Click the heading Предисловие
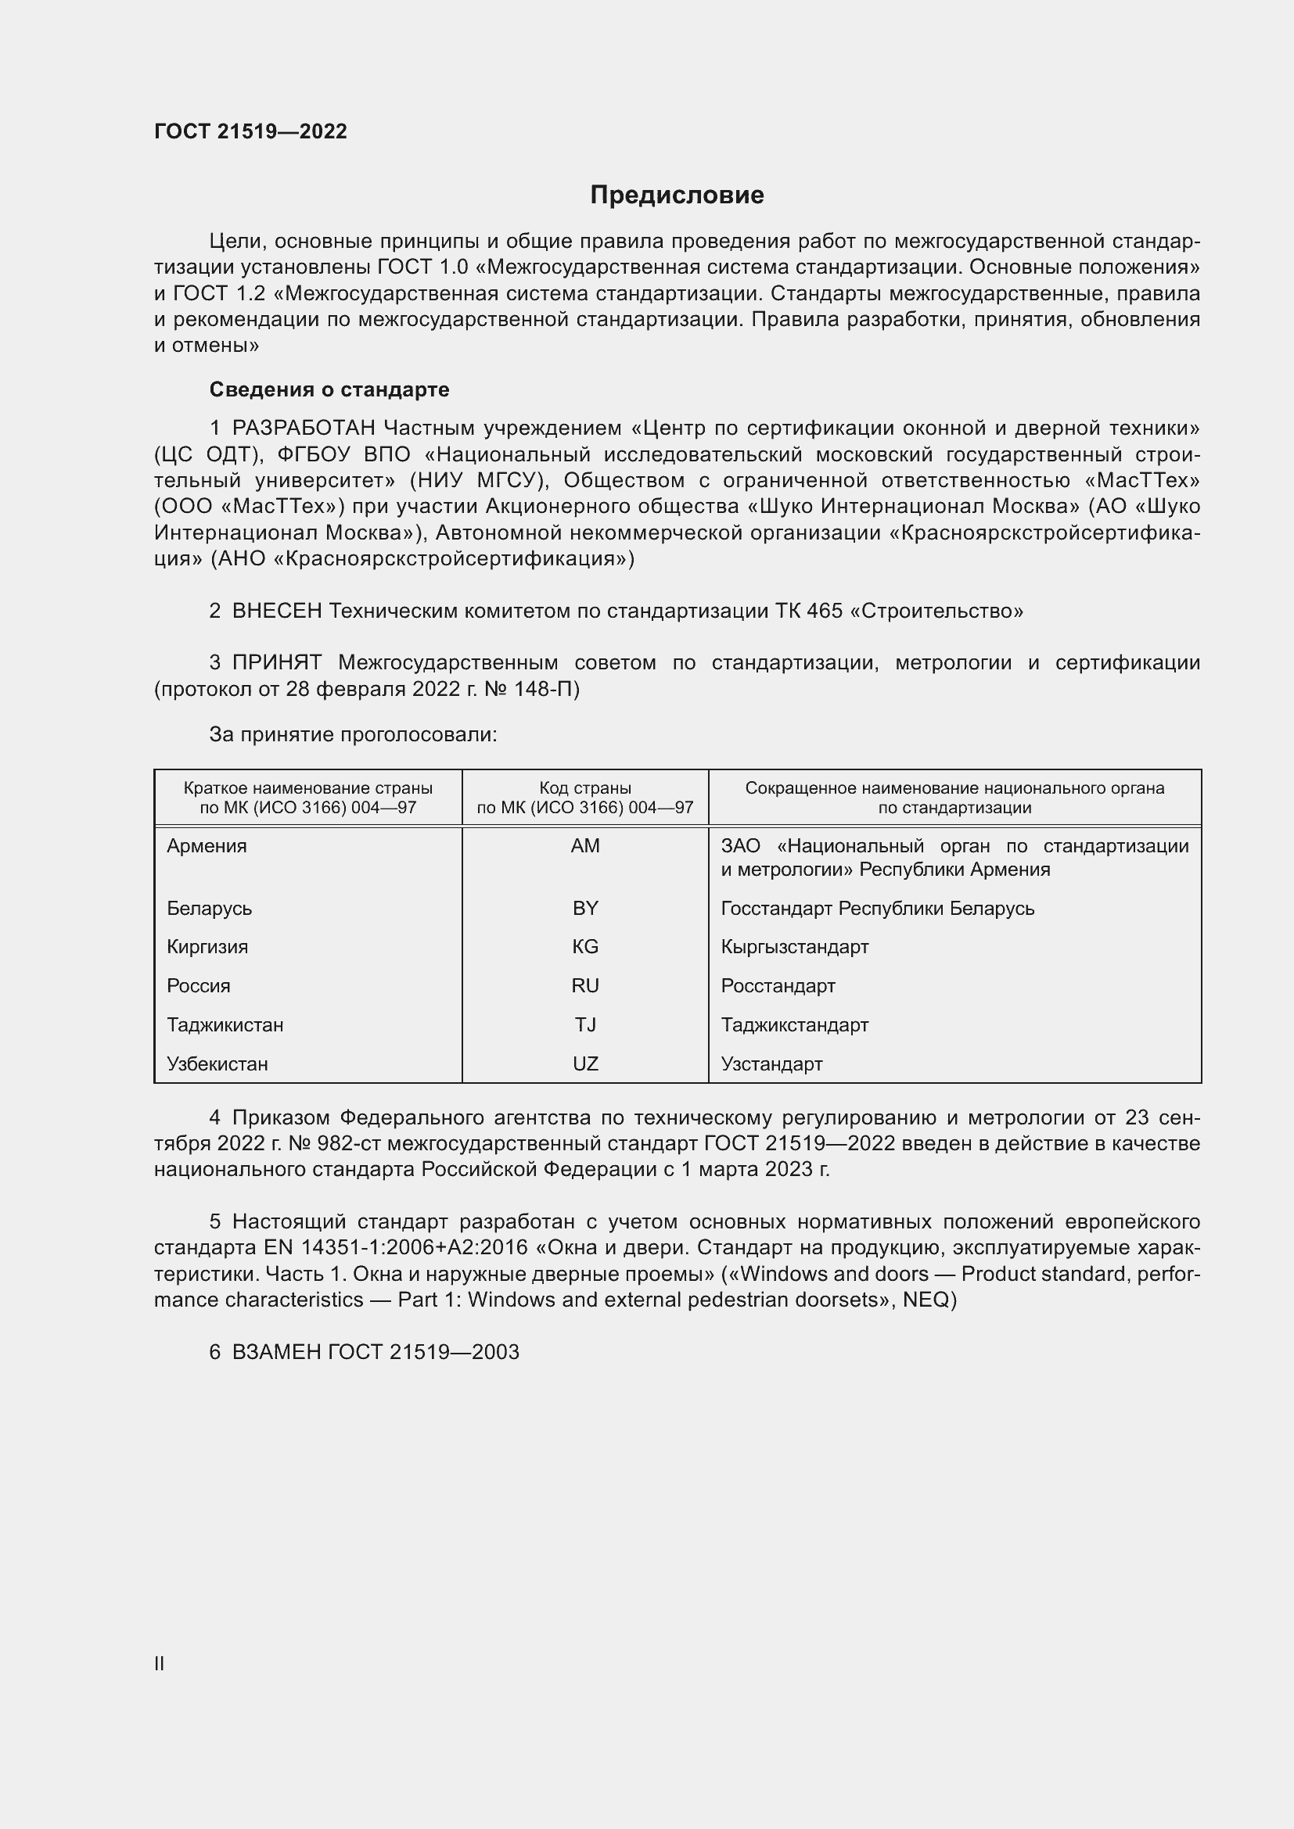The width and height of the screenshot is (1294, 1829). click(677, 195)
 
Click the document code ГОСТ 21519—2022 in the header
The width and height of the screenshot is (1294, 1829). click(250, 132)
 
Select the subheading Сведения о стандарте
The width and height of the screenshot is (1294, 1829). click(329, 389)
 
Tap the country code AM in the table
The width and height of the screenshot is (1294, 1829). click(585, 846)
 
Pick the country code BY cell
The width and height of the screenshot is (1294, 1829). click(585, 908)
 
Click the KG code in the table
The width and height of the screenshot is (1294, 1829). click(585, 946)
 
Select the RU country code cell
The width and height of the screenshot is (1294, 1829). click(585, 985)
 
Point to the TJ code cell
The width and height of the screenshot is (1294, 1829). click(585, 1024)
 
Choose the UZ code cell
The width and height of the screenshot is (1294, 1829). click(585, 1063)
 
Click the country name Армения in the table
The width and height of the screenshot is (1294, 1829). click(207, 846)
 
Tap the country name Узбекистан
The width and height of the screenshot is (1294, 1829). click(217, 1063)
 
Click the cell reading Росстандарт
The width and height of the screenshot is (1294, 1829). click(778, 985)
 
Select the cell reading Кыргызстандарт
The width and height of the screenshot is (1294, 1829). click(794, 946)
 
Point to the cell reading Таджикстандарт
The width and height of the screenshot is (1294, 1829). click(794, 1024)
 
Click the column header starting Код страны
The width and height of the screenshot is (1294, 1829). click(585, 798)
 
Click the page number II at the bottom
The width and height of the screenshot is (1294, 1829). click(159, 1663)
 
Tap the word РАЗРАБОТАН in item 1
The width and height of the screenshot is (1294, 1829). click(303, 429)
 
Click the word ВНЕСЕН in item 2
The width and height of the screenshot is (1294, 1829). click(276, 611)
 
